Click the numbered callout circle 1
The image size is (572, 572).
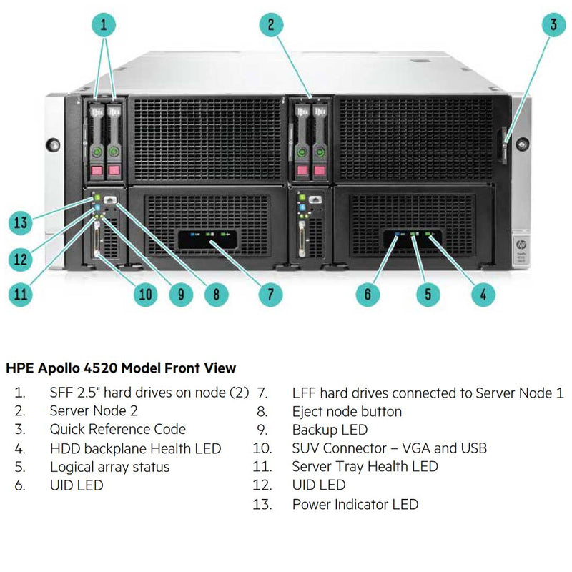point(104,26)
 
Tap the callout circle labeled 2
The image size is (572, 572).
point(271,26)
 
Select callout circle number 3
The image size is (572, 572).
point(553,26)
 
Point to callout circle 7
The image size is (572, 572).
point(271,293)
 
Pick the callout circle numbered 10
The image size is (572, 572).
point(146,293)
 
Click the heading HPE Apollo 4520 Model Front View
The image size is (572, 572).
point(121,368)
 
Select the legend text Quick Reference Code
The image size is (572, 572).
point(117,429)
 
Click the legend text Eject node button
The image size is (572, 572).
point(347,411)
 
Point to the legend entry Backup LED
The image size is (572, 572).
point(330,430)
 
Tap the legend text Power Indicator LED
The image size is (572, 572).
point(355,504)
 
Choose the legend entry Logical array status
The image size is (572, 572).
point(109,467)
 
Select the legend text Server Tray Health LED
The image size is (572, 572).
point(365,467)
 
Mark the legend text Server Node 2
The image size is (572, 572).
point(94,410)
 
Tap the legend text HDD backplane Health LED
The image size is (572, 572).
point(135,448)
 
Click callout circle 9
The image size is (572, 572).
point(179,293)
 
